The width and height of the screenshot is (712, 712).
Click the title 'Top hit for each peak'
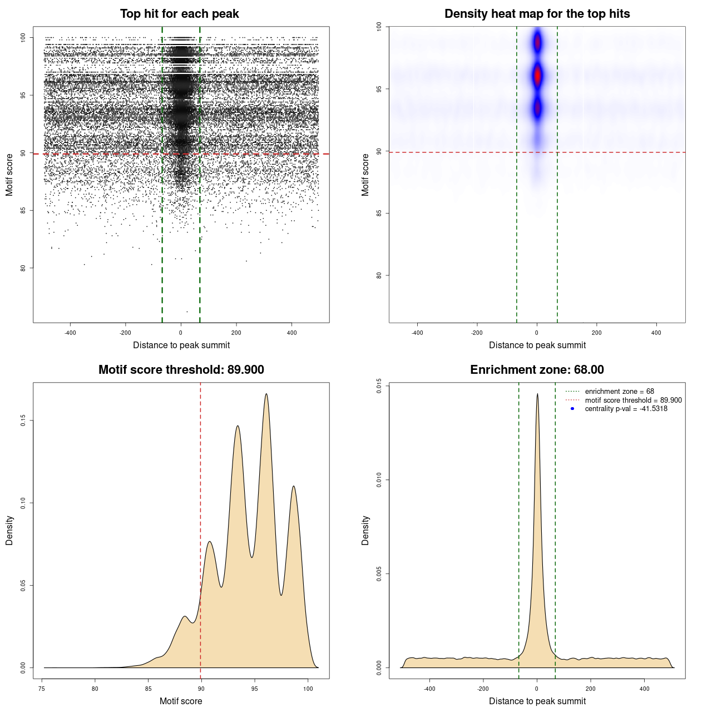[x=179, y=14]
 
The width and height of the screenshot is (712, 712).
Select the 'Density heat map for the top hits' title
[x=537, y=14]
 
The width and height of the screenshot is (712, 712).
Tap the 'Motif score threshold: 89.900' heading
[x=181, y=370]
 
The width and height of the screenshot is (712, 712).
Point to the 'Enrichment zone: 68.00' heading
[x=537, y=370]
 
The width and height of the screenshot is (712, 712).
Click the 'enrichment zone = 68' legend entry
[x=619, y=392]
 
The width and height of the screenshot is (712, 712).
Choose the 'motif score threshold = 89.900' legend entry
[x=633, y=400]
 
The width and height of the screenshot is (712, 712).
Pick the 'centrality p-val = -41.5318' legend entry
[x=626, y=409]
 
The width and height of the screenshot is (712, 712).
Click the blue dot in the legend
[x=572, y=409]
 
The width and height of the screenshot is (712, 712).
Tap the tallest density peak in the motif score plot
[x=266, y=394]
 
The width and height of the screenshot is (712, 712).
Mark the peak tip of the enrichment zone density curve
[x=537, y=394]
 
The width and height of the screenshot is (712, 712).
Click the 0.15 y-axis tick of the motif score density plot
[x=23, y=421]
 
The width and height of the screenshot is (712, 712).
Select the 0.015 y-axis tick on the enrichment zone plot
[x=379, y=386]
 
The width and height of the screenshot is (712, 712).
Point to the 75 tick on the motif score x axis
[x=42, y=689]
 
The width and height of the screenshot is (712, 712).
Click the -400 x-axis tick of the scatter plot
[x=71, y=333]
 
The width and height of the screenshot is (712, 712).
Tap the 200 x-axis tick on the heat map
[x=597, y=333]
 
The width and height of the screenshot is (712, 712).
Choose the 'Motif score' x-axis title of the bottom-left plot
[x=181, y=701]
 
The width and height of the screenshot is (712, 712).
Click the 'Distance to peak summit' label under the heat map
[x=537, y=345]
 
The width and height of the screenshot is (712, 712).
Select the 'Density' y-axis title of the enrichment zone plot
[x=365, y=530]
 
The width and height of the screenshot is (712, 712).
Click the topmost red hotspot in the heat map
[x=537, y=42]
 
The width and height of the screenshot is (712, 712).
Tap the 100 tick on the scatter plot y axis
[x=23, y=38]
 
